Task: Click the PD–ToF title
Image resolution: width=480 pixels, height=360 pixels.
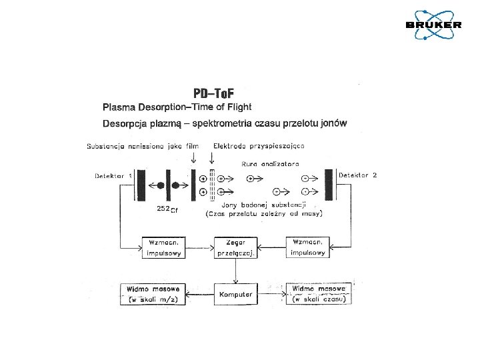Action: tap(213, 93)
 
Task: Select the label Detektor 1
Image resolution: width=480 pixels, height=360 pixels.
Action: tap(112, 175)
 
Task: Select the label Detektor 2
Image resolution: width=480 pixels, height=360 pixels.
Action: tap(358, 175)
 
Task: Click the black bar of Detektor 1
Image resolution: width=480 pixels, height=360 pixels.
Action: tap(141, 185)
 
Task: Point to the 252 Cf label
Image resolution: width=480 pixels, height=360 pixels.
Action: tap(167, 209)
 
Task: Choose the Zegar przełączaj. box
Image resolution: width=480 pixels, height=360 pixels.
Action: tap(235, 247)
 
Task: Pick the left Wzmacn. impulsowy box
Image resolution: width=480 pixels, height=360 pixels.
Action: tap(163, 247)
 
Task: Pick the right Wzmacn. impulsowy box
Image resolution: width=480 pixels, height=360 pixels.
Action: tap(308, 247)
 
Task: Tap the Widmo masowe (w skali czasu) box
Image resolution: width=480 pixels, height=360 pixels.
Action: tap(318, 294)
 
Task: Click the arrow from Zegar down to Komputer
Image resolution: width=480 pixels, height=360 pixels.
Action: tap(235, 271)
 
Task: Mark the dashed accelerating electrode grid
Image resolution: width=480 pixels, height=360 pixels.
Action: tap(211, 185)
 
